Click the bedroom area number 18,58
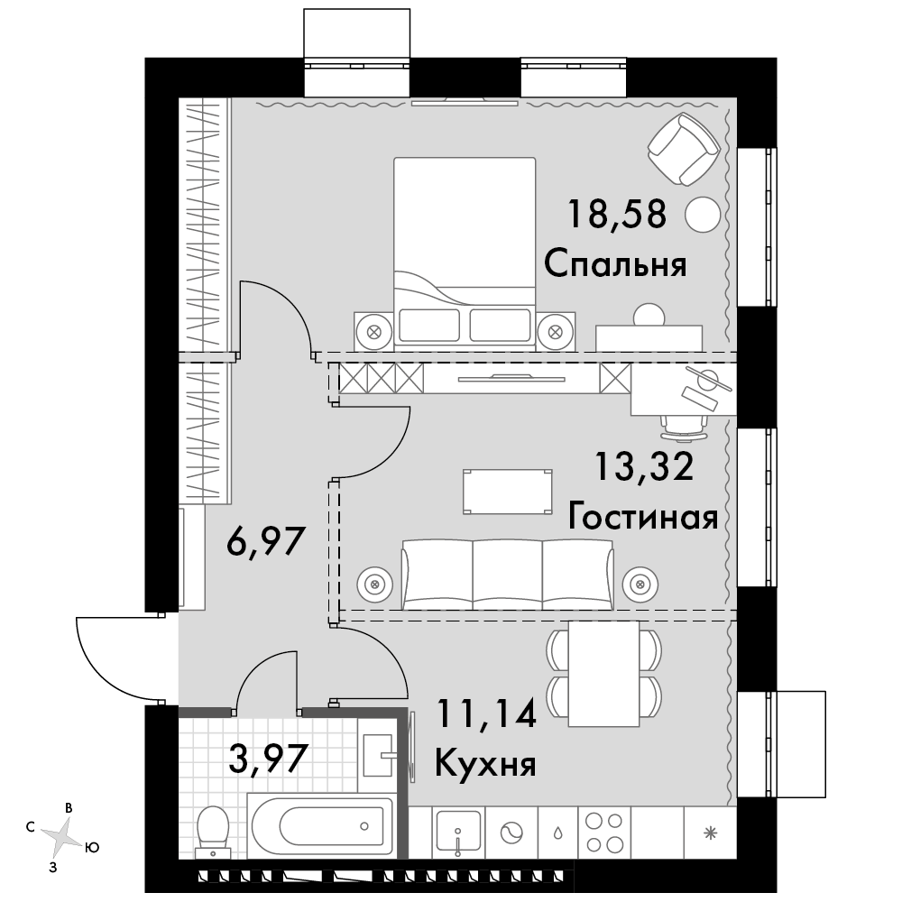click(617, 214)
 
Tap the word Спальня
click(615, 264)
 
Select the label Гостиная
click(642, 516)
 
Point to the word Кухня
click(485, 765)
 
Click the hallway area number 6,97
click(265, 541)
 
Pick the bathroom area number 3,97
click(266, 758)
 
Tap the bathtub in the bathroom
click(321, 826)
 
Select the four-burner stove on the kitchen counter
click(604, 833)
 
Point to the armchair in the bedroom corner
click(684, 149)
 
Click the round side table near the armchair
click(703, 215)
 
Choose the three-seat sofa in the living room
click(507, 574)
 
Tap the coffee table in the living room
click(507, 492)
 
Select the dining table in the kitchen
click(603, 674)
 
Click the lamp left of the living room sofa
click(375, 584)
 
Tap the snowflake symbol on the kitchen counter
click(711, 832)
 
